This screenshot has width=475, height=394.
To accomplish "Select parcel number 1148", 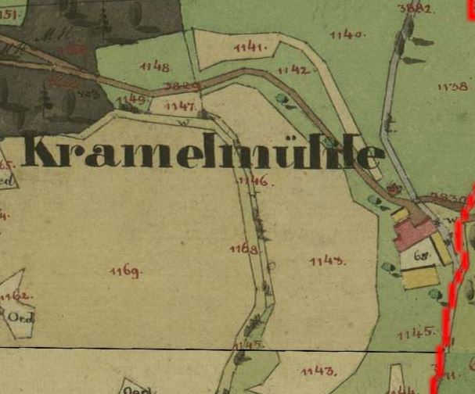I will coord(155,67).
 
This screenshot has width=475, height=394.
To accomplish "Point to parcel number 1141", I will coord(250,48).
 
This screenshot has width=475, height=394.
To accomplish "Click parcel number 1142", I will coord(292,70).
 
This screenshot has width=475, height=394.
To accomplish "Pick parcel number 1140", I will coord(346,34).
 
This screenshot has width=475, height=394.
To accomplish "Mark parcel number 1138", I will coord(452,87).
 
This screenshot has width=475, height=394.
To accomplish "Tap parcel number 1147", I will coord(180,105).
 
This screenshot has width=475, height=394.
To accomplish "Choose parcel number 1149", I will coord(131,99).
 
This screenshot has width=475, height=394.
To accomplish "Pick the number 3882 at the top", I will coord(415,9).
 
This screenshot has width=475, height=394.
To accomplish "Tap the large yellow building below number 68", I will coord(420,277).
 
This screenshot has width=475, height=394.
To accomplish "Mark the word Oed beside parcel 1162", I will coord(17,317).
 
